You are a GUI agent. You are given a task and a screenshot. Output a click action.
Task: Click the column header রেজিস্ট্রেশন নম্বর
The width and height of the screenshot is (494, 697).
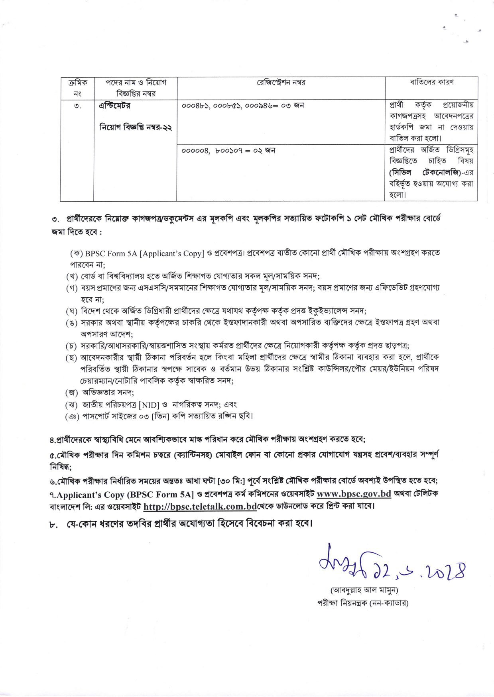[281, 82]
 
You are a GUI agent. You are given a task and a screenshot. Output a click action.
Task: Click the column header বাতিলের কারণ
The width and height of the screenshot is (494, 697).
[431, 82]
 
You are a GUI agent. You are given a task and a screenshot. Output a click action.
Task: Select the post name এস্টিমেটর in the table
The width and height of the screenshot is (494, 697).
[114, 106]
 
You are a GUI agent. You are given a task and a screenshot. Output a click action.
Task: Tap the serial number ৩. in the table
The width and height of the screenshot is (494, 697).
[77, 106]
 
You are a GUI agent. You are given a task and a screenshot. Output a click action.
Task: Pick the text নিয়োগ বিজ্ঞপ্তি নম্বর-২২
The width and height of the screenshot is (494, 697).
[136, 128]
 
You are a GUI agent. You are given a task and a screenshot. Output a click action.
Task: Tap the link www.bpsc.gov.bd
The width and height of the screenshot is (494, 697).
[354, 493]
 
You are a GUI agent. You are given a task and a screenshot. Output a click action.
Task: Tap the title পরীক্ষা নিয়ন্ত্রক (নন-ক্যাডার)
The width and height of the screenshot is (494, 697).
[362, 603]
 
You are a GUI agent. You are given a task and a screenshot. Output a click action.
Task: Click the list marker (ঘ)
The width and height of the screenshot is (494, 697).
[72, 311]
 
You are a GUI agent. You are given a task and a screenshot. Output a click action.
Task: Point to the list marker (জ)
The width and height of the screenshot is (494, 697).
[72, 393]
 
